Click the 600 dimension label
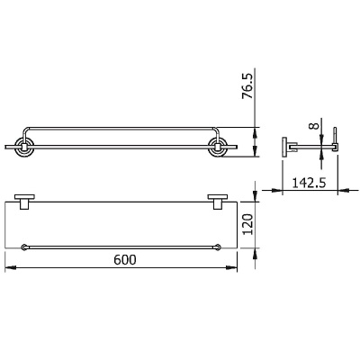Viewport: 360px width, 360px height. pyautogui.click(x=125, y=259)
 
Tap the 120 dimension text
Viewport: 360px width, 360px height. pyautogui.click(x=247, y=224)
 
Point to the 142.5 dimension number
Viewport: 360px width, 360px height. pyautogui.click(x=310, y=183)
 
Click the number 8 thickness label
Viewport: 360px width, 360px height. pyautogui.click(x=314, y=125)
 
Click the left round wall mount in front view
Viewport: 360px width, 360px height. pyautogui.click(x=23, y=148)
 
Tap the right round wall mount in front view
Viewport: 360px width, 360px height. pyautogui.click(x=218, y=148)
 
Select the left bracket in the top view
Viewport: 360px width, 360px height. pyautogui.click(x=24, y=202)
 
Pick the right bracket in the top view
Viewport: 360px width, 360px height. pyautogui.click(x=218, y=202)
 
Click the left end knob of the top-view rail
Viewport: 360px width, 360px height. pyautogui.click(x=23, y=247)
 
